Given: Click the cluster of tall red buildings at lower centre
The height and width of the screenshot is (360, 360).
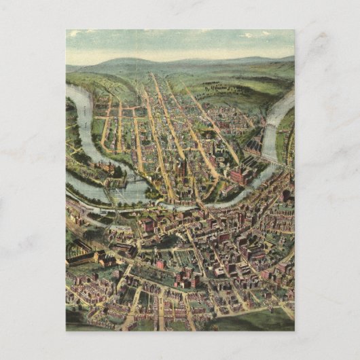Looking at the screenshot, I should click(187, 275).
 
